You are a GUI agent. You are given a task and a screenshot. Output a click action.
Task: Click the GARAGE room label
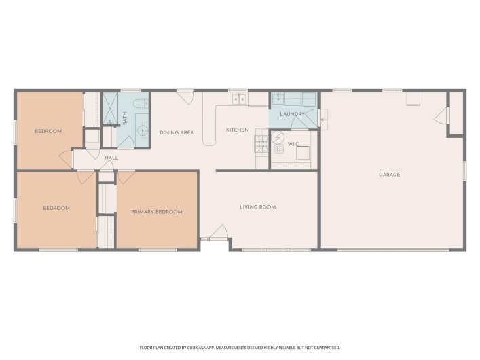389,175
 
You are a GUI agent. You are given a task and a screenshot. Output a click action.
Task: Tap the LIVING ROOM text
258,207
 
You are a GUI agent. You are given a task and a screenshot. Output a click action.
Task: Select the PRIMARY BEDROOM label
157,212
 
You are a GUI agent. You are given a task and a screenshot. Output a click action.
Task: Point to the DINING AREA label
177,132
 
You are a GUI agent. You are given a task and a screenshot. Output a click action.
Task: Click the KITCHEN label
238,130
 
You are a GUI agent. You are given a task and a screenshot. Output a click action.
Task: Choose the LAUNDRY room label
292,115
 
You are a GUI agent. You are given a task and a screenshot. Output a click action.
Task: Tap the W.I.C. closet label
293,144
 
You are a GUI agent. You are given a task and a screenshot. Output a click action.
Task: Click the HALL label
111,158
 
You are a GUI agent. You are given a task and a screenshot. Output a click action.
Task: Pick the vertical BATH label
125,118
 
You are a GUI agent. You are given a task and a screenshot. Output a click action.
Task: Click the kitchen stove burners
261,143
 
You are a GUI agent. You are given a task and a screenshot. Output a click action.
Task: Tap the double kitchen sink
239,100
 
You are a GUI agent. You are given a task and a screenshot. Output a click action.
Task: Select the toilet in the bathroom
139,104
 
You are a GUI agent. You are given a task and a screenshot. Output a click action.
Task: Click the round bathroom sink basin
142,130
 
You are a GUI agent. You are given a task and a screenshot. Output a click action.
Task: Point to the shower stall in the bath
110,109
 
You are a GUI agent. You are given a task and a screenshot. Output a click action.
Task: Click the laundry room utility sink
278,99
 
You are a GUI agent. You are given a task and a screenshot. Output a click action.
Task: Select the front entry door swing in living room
219,234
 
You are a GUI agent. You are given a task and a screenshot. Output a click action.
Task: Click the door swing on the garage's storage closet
441,116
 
